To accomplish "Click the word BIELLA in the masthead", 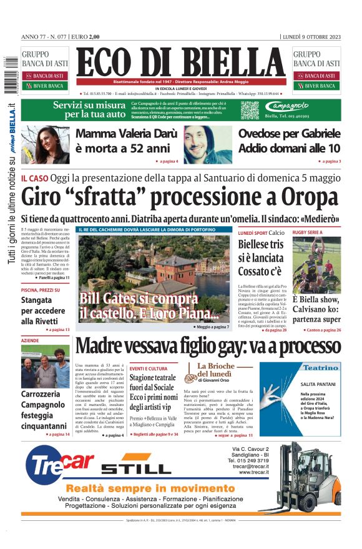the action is click(230, 64).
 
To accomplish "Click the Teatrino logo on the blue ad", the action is click(321, 368).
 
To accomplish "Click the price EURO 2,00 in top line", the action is click(86, 36).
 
